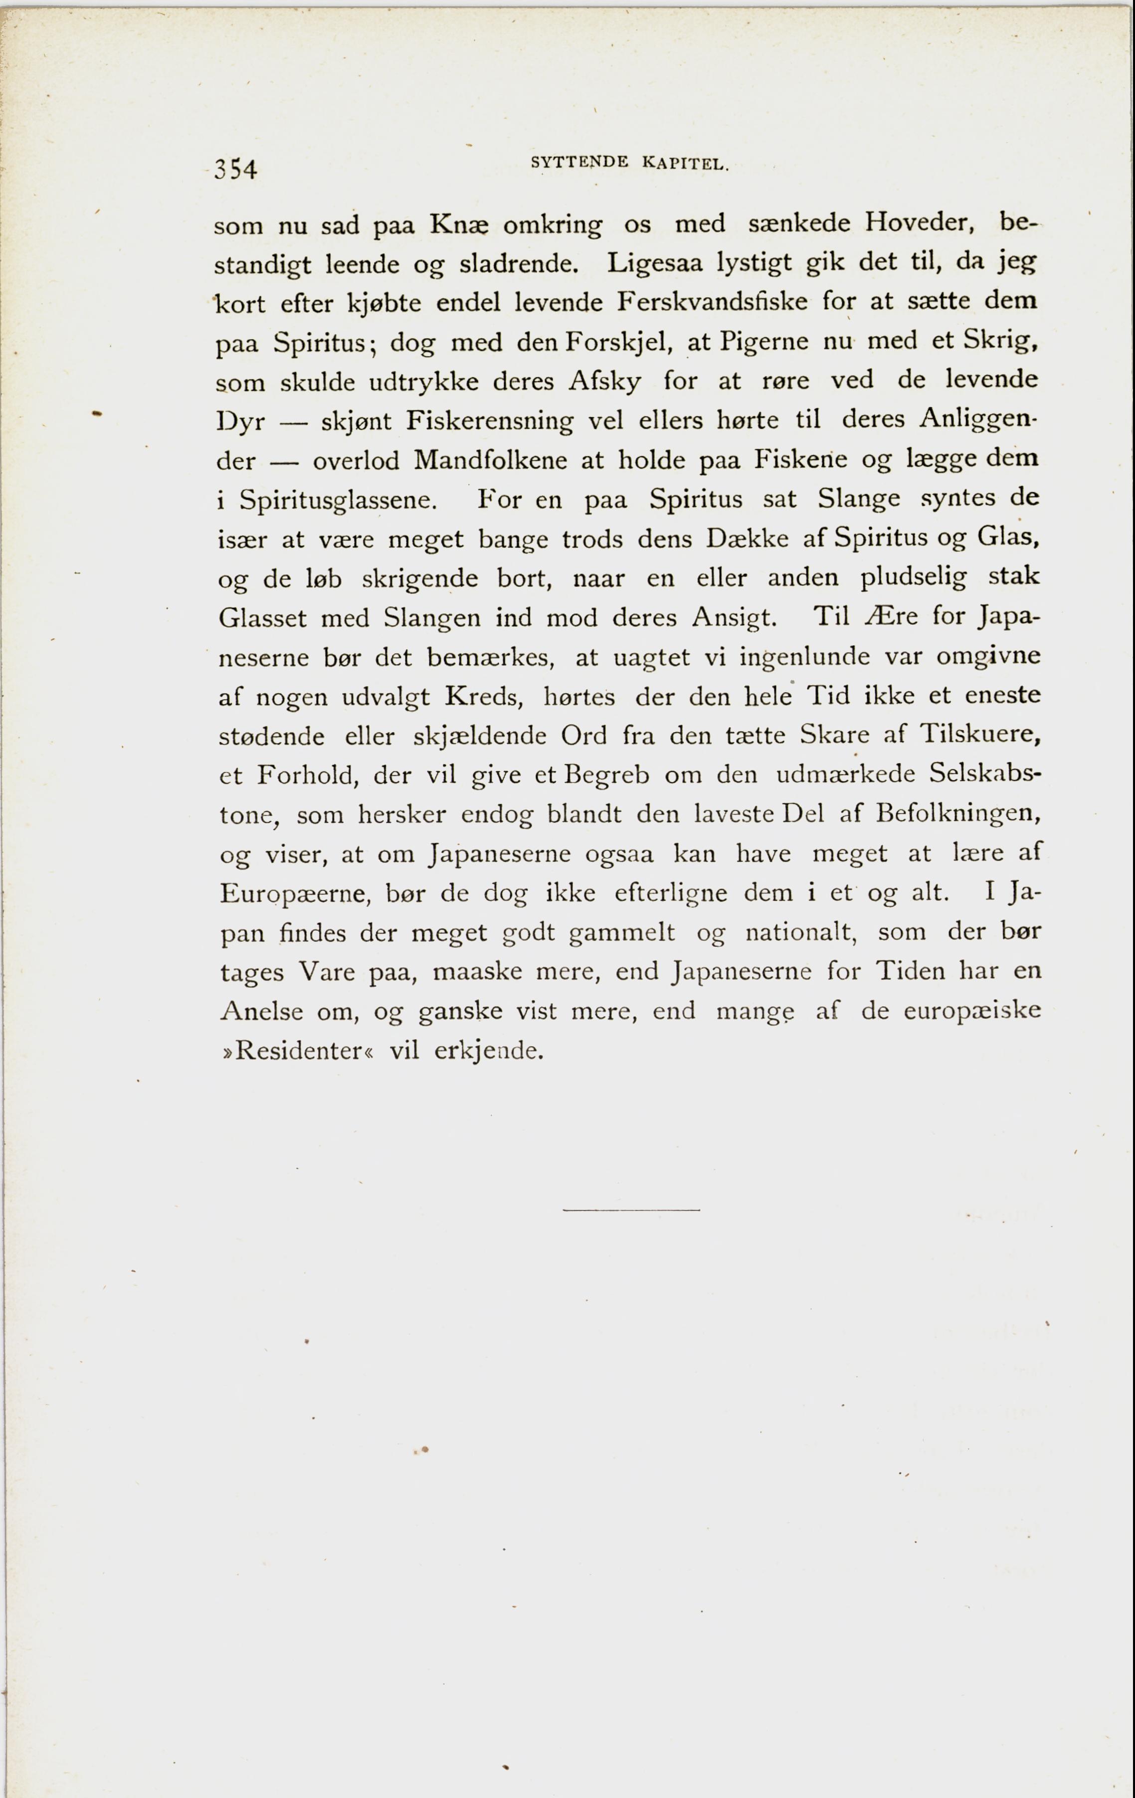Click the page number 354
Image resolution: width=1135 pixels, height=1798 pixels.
point(235,170)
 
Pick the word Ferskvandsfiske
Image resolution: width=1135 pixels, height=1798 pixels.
point(712,302)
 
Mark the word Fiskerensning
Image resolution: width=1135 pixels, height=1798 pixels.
point(490,421)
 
